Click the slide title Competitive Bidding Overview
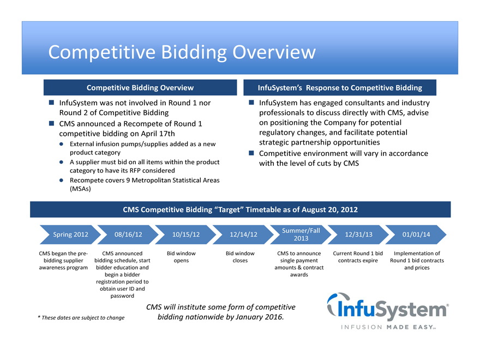(182, 52)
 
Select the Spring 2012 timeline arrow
(70, 235)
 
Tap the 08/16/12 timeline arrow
(128, 235)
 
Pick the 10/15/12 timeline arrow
(185, 235)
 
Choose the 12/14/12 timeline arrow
(243, 235)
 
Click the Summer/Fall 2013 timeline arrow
(301, 235)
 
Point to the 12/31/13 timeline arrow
(359, 235)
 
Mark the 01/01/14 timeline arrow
(416, 235)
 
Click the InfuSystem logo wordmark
(388, 308)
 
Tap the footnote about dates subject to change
(81, 317)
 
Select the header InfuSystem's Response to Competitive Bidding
(340, 88)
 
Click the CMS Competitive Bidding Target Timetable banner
(240, 209)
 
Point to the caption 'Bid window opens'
(181, 257)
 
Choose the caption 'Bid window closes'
(240, 257)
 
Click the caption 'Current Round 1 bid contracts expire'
(358, 257)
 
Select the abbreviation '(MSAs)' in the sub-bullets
(80, 189)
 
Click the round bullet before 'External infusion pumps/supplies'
(63, 144)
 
